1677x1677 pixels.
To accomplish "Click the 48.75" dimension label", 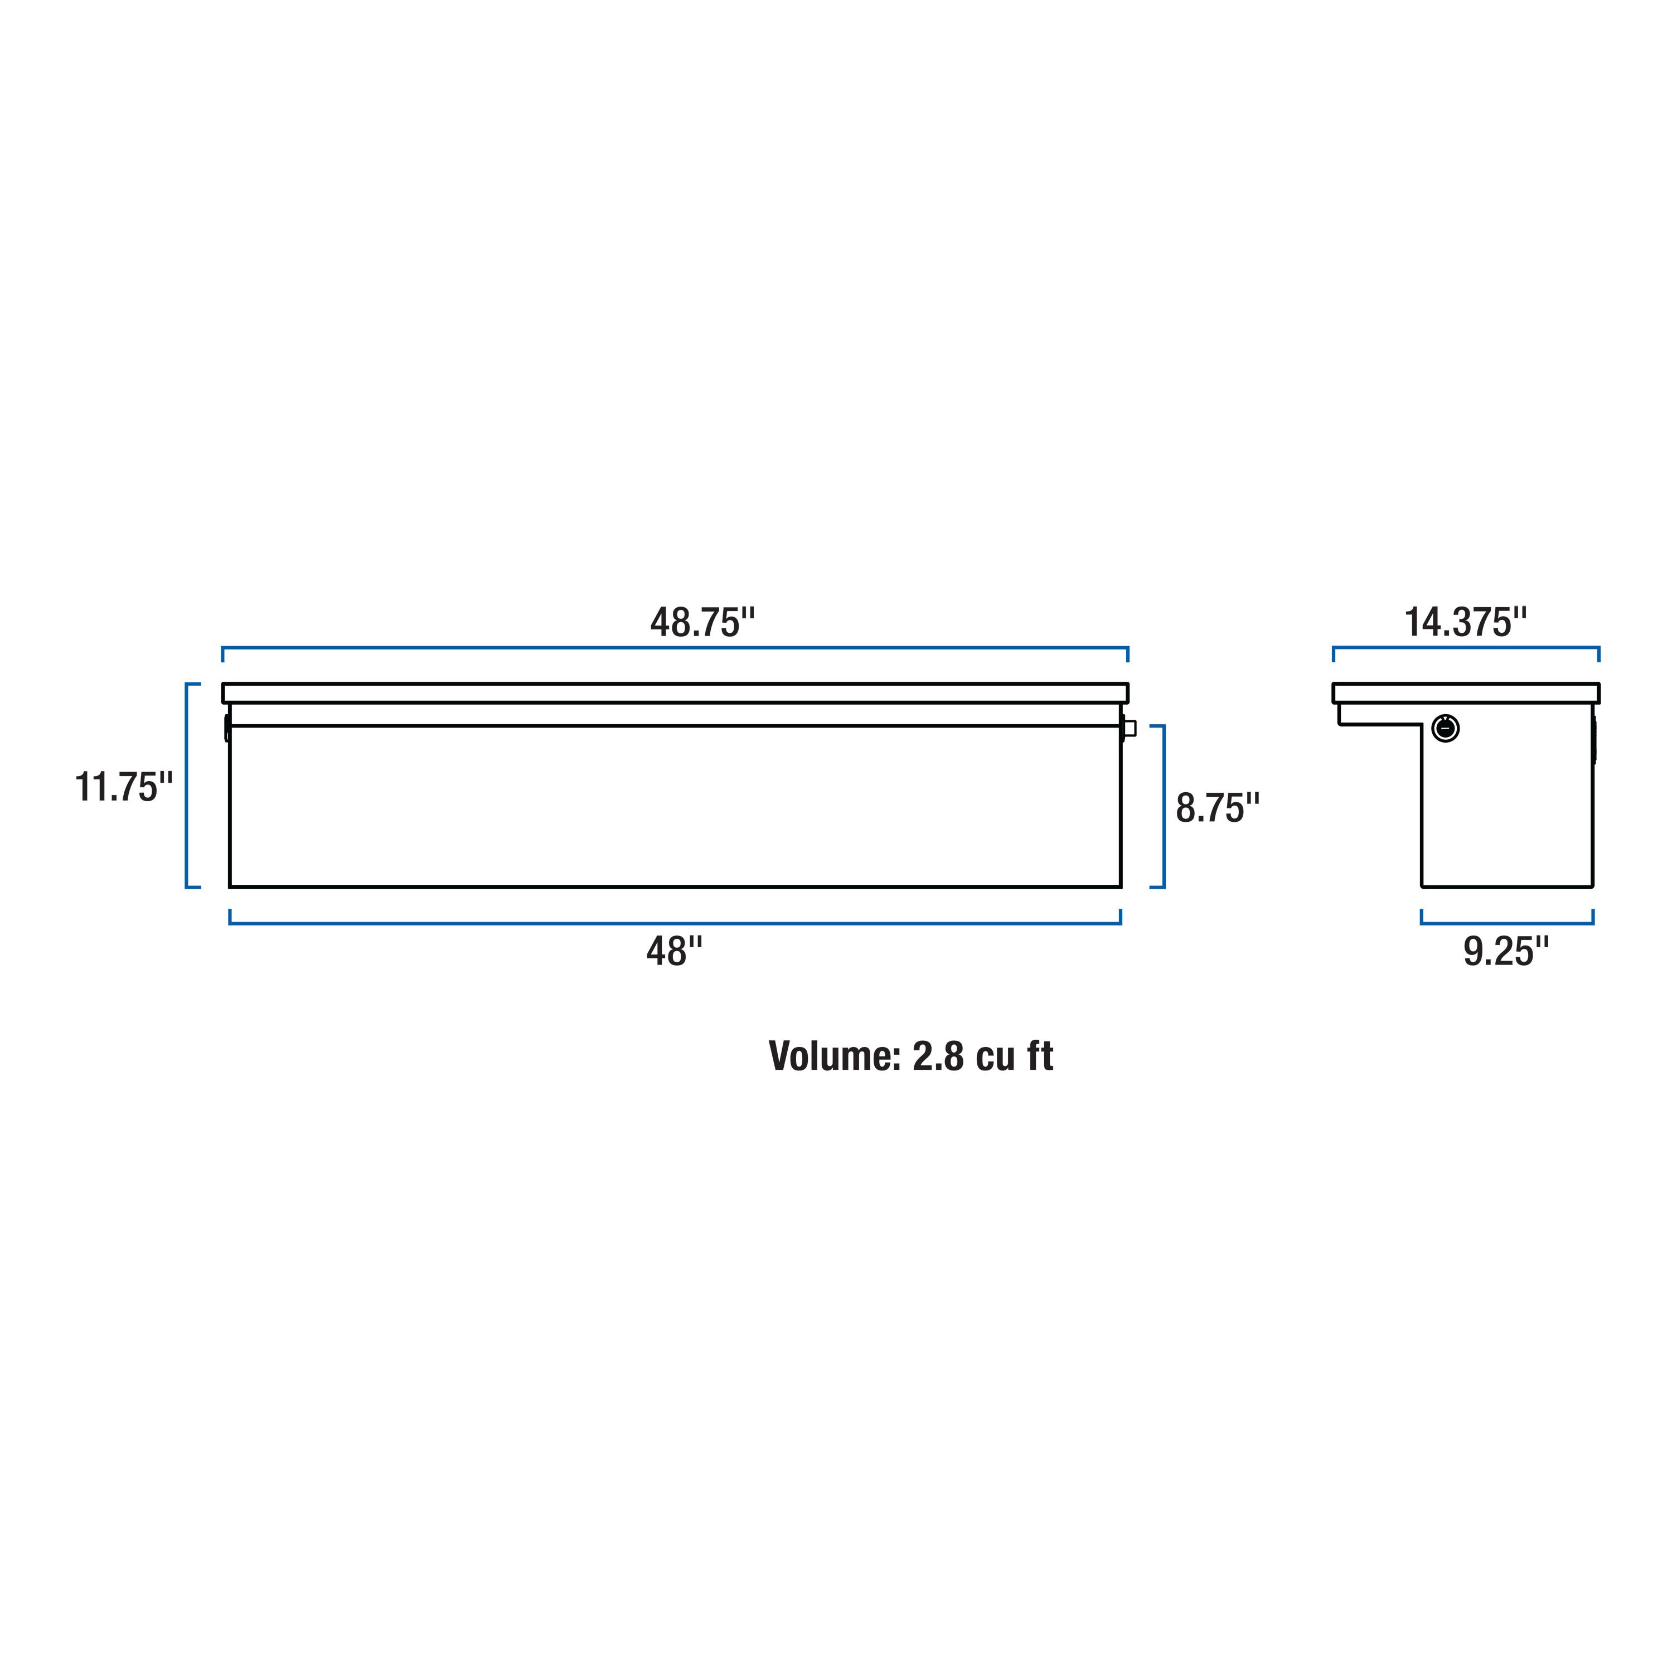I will (702, 622).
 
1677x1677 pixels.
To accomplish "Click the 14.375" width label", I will (1465, 622).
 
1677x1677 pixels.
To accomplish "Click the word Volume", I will (835, 1056).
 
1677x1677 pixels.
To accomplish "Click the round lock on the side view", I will (1445, 728).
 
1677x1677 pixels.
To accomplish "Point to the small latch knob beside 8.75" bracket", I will (1130, 728).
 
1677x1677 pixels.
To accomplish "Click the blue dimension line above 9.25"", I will (1507, 923).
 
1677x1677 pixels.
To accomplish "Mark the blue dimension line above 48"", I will (675, 923).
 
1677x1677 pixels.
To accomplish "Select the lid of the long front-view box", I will (675, 692).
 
